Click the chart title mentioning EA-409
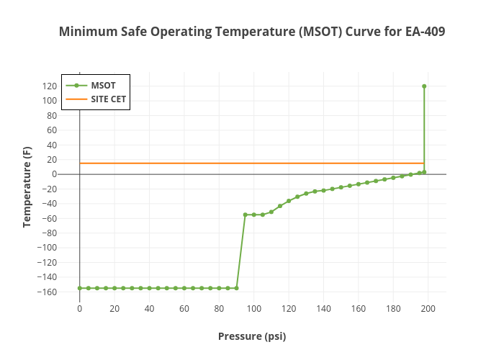(x=252, y=32)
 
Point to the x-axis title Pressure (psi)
(x=252, y=336)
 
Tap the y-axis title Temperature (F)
(x=27, y=187)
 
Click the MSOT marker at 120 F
(x=424, y=86)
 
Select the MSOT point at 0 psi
(x=79, y=288)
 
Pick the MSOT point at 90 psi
(x=236, y=288)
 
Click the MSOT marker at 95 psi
(x=245, y=215)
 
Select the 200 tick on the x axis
(x=428, y=309)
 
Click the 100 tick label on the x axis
(x=253, y=309)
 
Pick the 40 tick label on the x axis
(x=149, y=309)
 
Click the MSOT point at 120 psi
(x=289, y=201)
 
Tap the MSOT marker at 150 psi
(x=341, y=187)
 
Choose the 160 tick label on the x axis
(x=358, y=309)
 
